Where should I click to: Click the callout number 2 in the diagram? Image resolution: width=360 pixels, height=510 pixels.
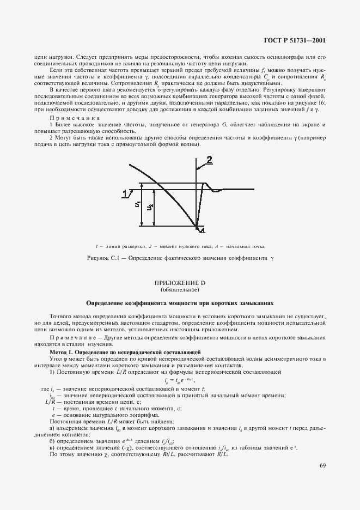pyautogui.click(x=209, y=160)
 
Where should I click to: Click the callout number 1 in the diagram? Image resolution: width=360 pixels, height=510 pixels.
pyautogui.click(x=125, y=192)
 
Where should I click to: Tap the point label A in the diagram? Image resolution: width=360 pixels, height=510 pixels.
pyautogui.click(x=202, y=231)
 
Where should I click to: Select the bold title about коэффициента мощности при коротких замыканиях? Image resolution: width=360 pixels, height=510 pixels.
pyautogui.click(x=180, y=302)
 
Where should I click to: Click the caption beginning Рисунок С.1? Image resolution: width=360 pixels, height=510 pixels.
pyautogui.click(x=180, y=257)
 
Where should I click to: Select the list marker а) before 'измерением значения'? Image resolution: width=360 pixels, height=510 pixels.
pyautogui.click(x=52, y=429)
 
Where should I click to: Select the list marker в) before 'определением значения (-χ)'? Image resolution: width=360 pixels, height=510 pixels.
pyautogui.click(x=52, y=447)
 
